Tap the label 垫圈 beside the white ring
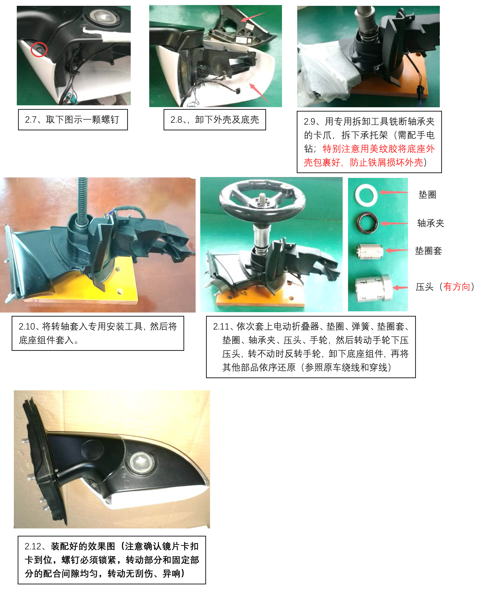[x=427, y=194]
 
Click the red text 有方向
[x=456, y=286]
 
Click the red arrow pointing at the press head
[x=400, y=287]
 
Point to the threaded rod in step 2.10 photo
[x=82, y=200]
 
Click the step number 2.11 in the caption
[x=221, y=326]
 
